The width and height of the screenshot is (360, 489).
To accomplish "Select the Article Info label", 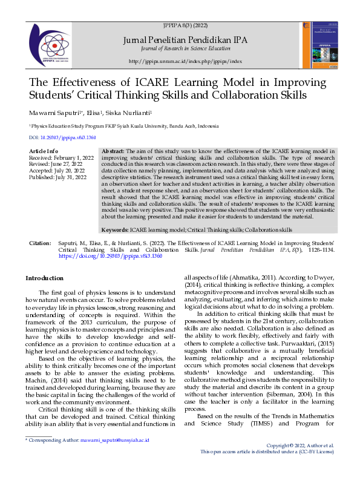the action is (x=44, y=151).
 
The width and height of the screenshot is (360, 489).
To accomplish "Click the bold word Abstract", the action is (x=113, y=151).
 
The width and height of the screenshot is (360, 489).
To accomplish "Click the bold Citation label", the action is (x=40, y=243).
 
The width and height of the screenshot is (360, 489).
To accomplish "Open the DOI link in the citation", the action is (x=110, y=256).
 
